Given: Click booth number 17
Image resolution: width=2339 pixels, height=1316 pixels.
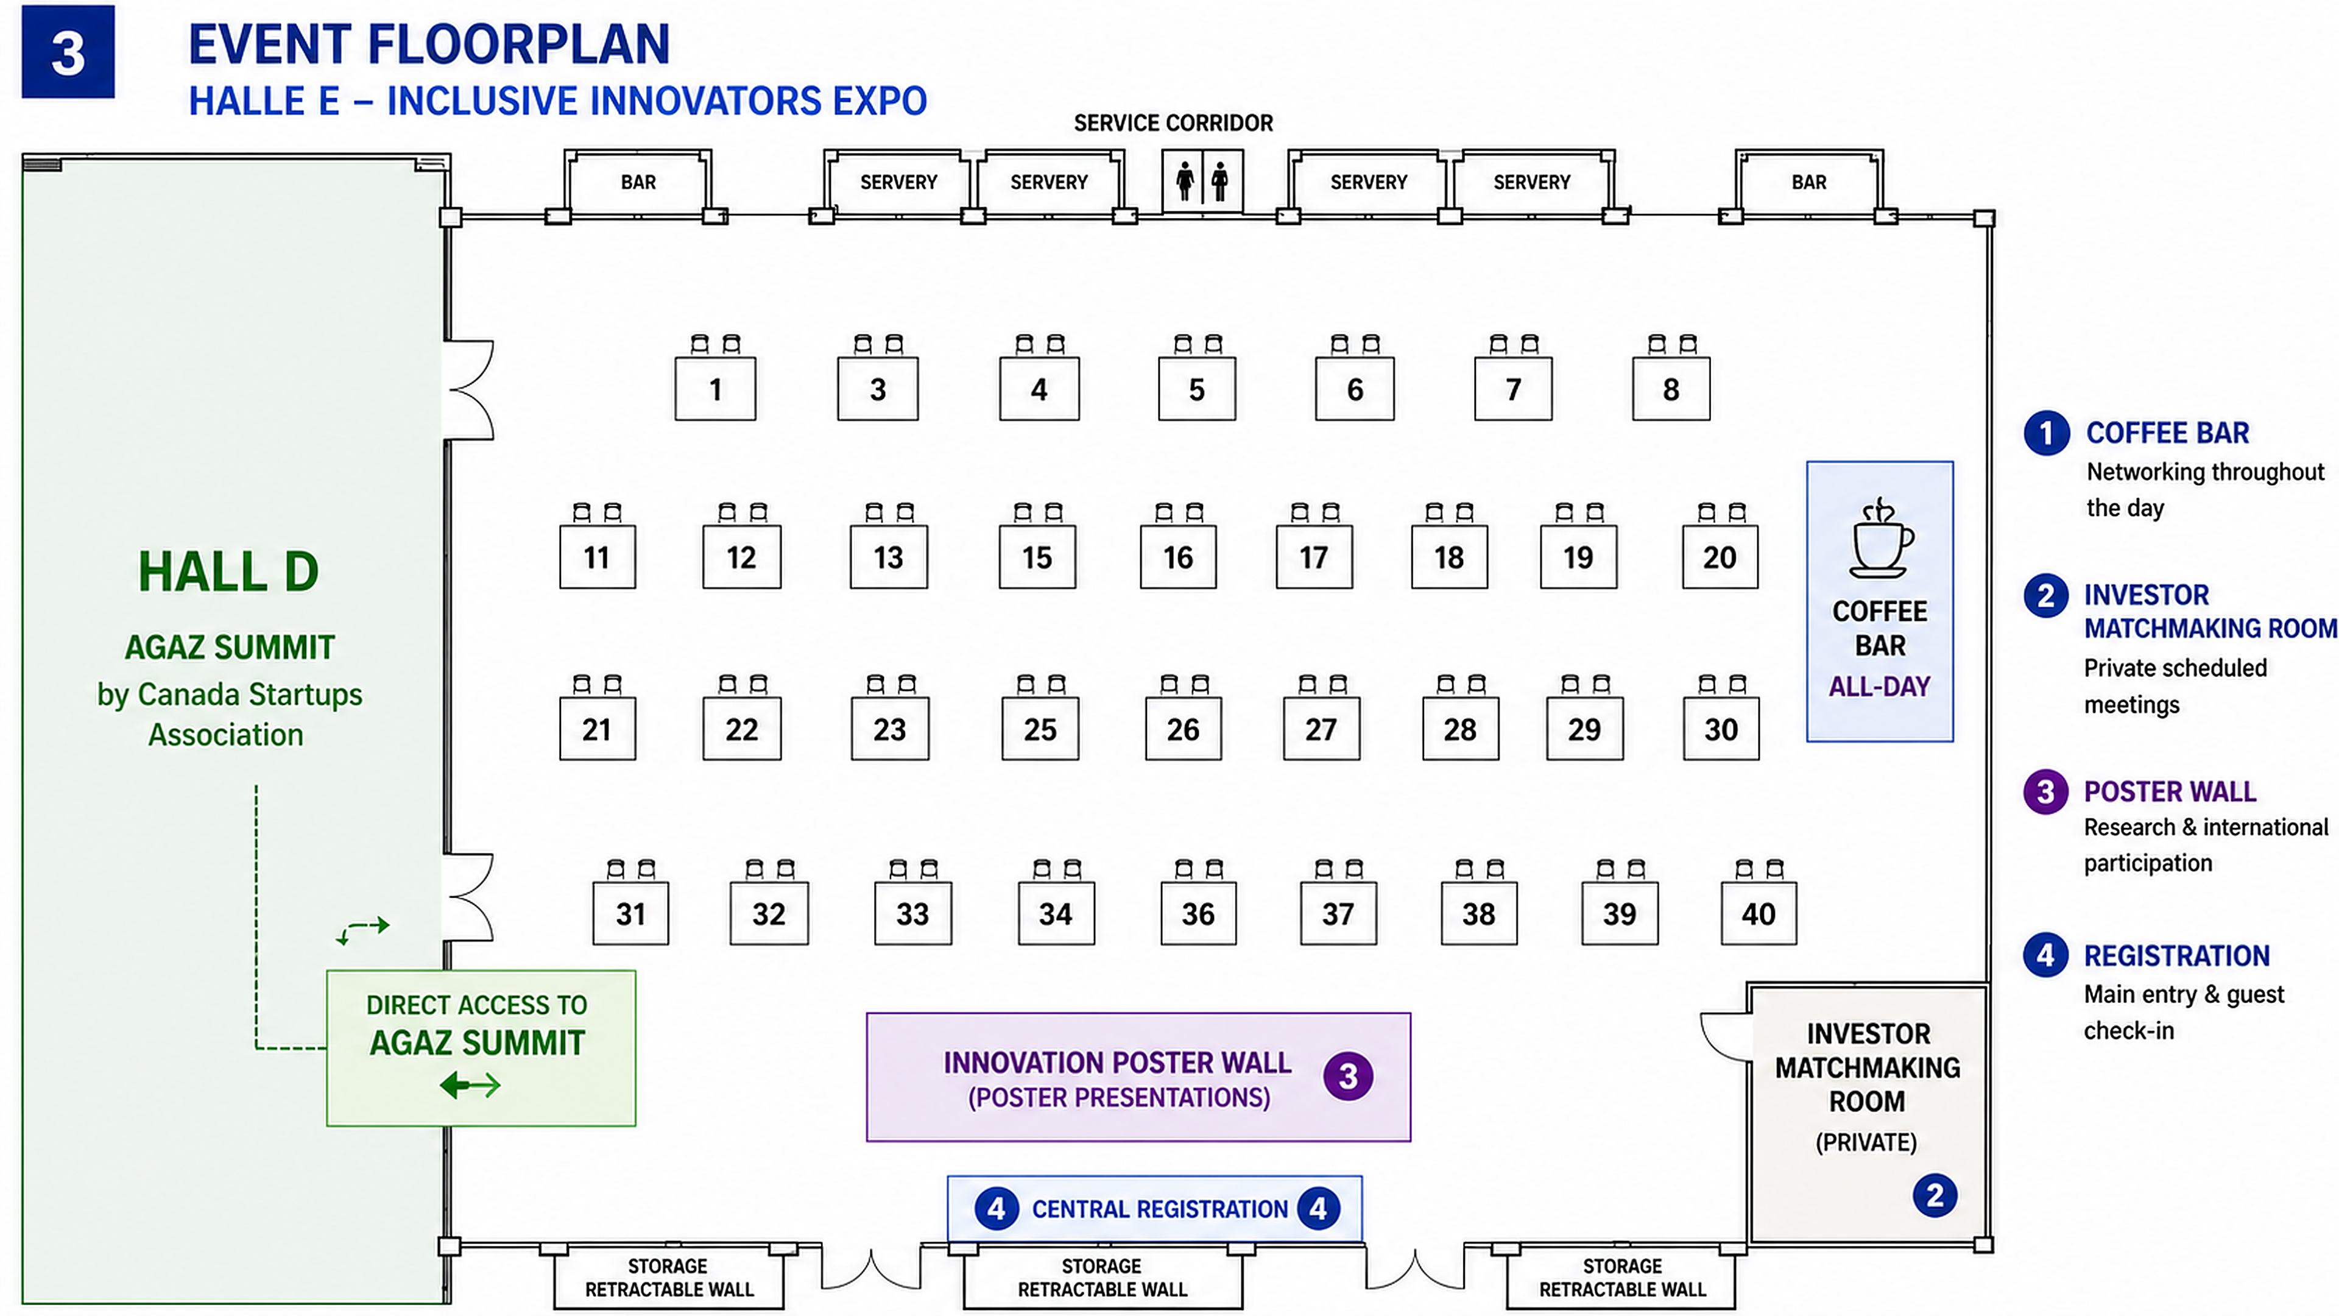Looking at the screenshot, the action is (x=1314, y=557).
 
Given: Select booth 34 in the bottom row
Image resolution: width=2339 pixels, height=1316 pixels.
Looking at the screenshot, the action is (x=1056, y=914).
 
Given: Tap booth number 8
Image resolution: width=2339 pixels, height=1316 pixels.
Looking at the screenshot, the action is (x=1671, y=390).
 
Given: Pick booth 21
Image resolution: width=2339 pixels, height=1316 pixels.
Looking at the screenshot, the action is (x=598, y=729).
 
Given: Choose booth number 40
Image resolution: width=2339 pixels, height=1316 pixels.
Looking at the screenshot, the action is (x=1759, y=914).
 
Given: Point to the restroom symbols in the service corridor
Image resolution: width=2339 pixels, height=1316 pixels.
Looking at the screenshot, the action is (x=1202, y=182).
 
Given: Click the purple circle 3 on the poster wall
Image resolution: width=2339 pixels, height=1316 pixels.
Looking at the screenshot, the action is (x=1349, y=1076).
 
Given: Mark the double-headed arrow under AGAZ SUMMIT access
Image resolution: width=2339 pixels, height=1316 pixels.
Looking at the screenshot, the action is (x=470, y=1084).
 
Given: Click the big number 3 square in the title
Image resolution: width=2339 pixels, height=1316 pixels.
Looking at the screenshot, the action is (x=68, y=52).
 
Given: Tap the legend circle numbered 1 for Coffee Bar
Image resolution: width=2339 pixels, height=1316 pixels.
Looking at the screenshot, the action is (x=2047, y=433).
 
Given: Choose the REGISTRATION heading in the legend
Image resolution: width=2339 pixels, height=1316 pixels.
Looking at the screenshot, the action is (x=2176, y=957).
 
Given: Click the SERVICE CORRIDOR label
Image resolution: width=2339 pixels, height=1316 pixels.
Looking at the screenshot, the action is (x=1173, y=122).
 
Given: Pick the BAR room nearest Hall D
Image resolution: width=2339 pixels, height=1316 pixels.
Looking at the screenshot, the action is (x=638, y=183).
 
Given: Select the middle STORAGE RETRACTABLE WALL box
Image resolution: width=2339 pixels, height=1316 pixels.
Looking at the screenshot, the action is (x=1102, y=1278).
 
